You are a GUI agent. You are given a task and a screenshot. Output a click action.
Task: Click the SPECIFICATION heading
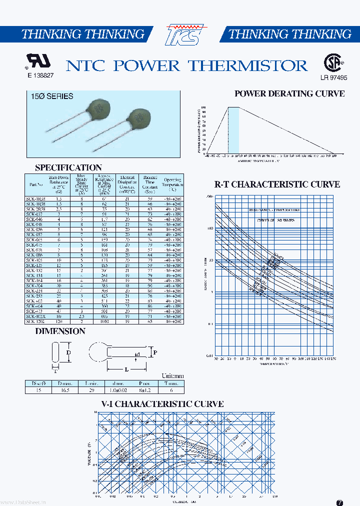coord(68,167)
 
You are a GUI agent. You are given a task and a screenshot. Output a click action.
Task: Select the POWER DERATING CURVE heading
coord(289,93)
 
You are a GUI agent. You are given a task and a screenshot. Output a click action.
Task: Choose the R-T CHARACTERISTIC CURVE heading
coord(277,184)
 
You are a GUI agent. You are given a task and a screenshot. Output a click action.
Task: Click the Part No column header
coord(36,184)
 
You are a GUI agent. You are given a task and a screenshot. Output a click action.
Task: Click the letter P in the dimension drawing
coord(155,352)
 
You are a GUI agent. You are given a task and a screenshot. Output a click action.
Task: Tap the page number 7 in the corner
coord(340,502)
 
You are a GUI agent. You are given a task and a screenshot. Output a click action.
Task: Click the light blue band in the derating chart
coord(233,130)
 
